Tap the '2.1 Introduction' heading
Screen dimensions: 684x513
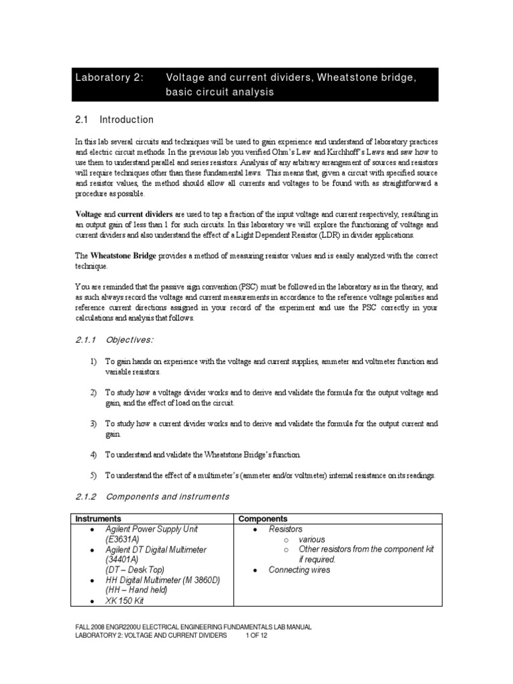(114, 120)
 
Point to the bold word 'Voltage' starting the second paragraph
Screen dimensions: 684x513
(88, 213)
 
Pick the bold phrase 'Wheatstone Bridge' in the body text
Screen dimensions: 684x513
(126, 255)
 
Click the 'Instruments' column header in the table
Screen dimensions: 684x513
(98, 518)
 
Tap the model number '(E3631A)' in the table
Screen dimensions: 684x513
(122, 539)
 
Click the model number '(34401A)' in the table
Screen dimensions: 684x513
(122, 560)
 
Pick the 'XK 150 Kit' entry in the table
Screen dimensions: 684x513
(124, 601)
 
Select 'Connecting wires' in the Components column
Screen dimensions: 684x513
(299, 570)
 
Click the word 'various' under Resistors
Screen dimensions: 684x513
(312, 539)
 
